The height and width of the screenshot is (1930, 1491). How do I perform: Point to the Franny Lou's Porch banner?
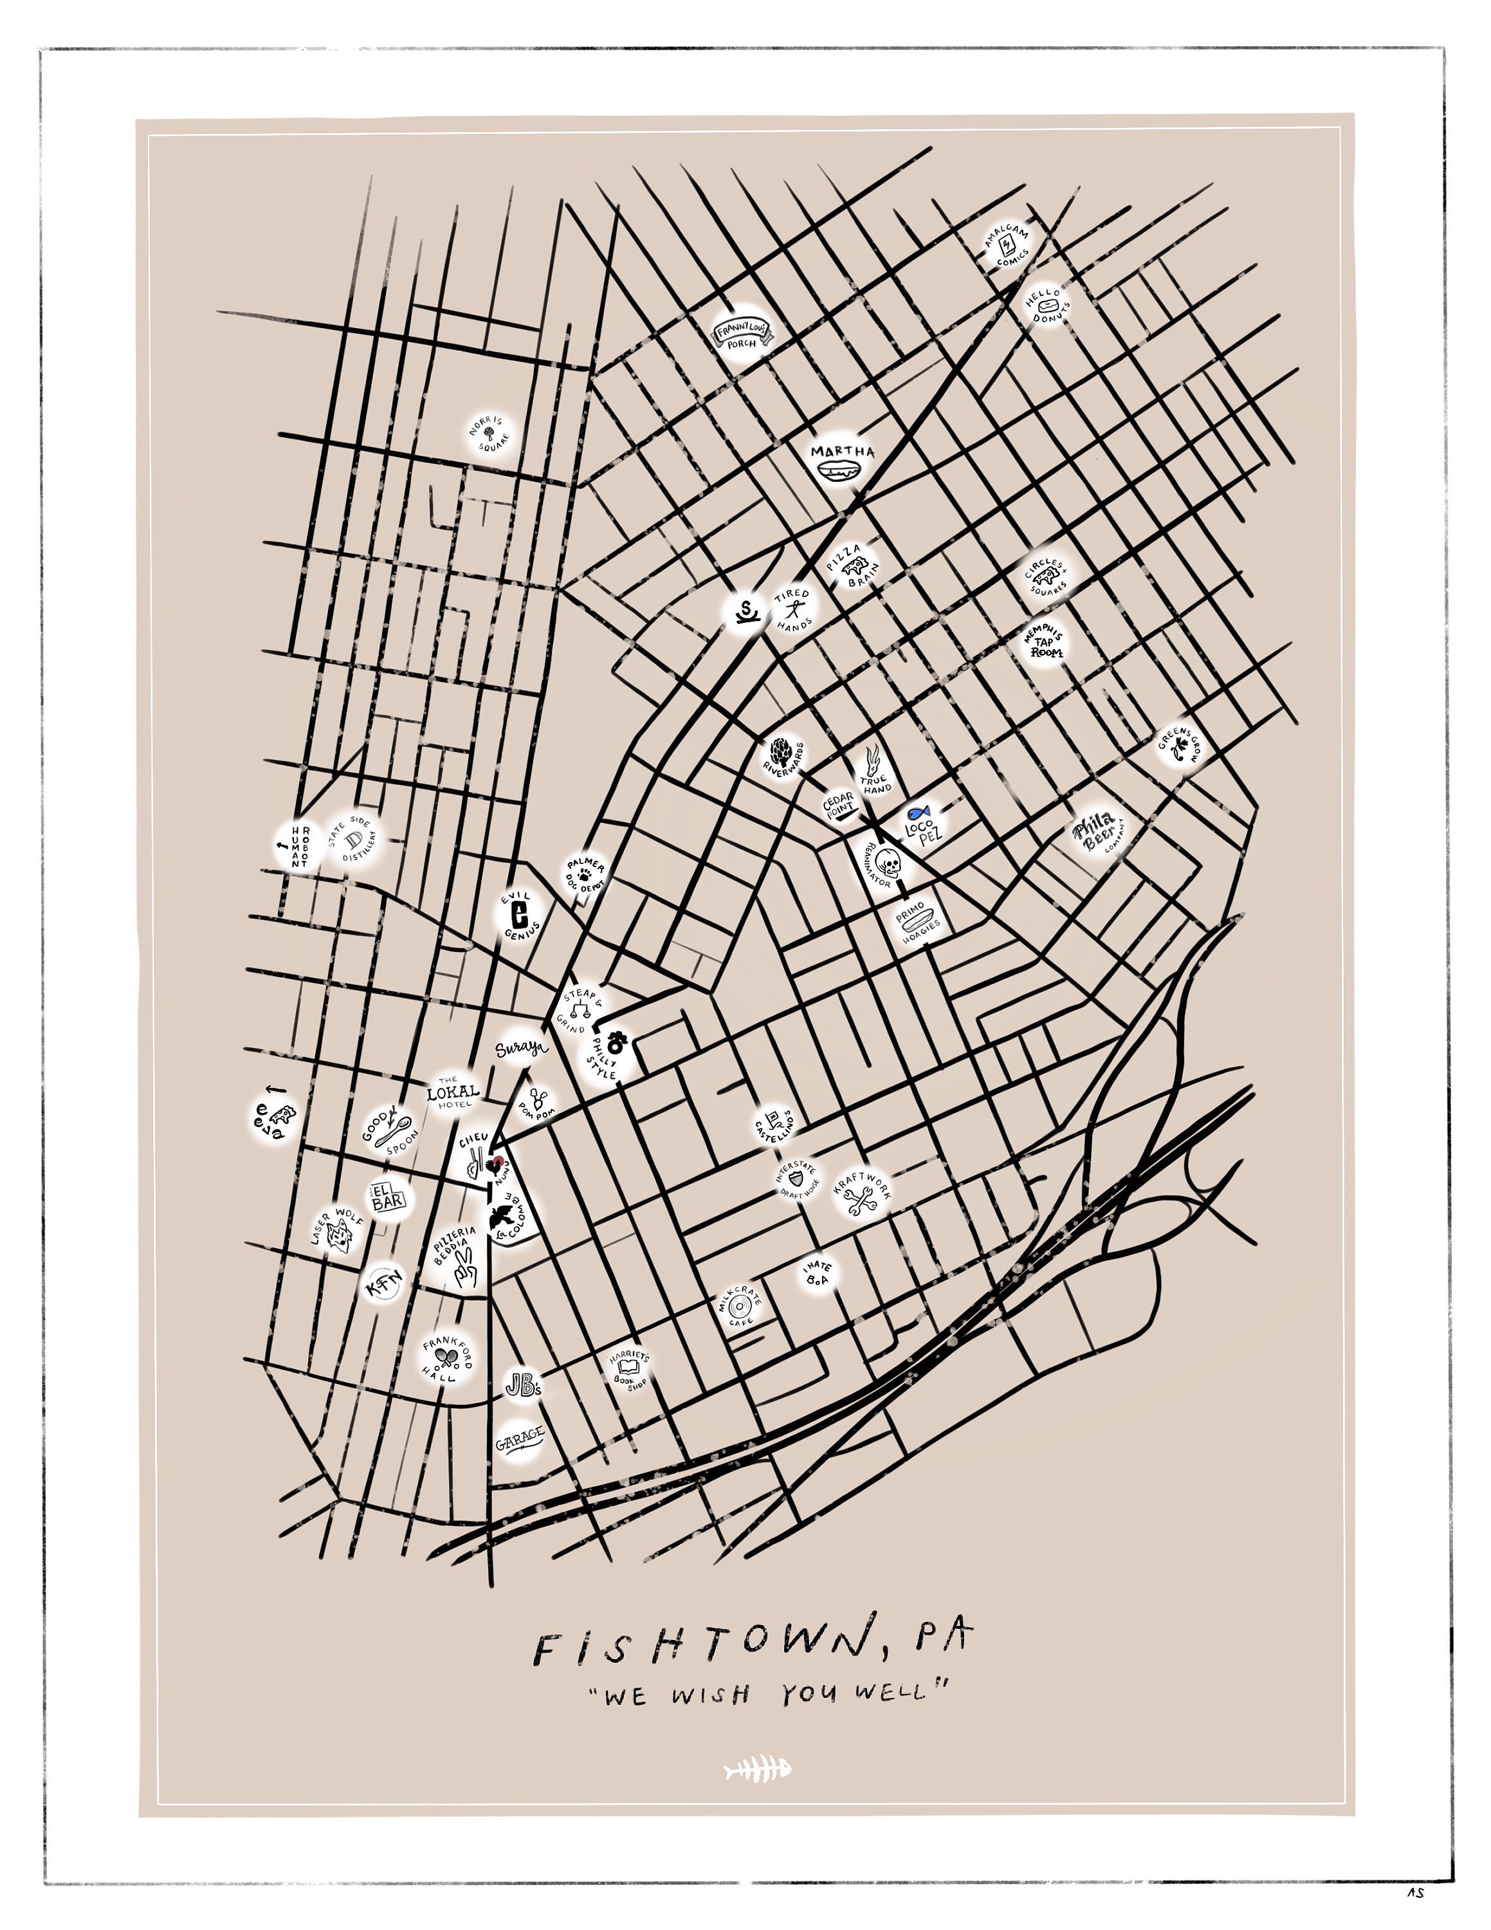tap(742, 333)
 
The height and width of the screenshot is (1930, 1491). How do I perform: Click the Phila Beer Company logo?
tap(1096, 832)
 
